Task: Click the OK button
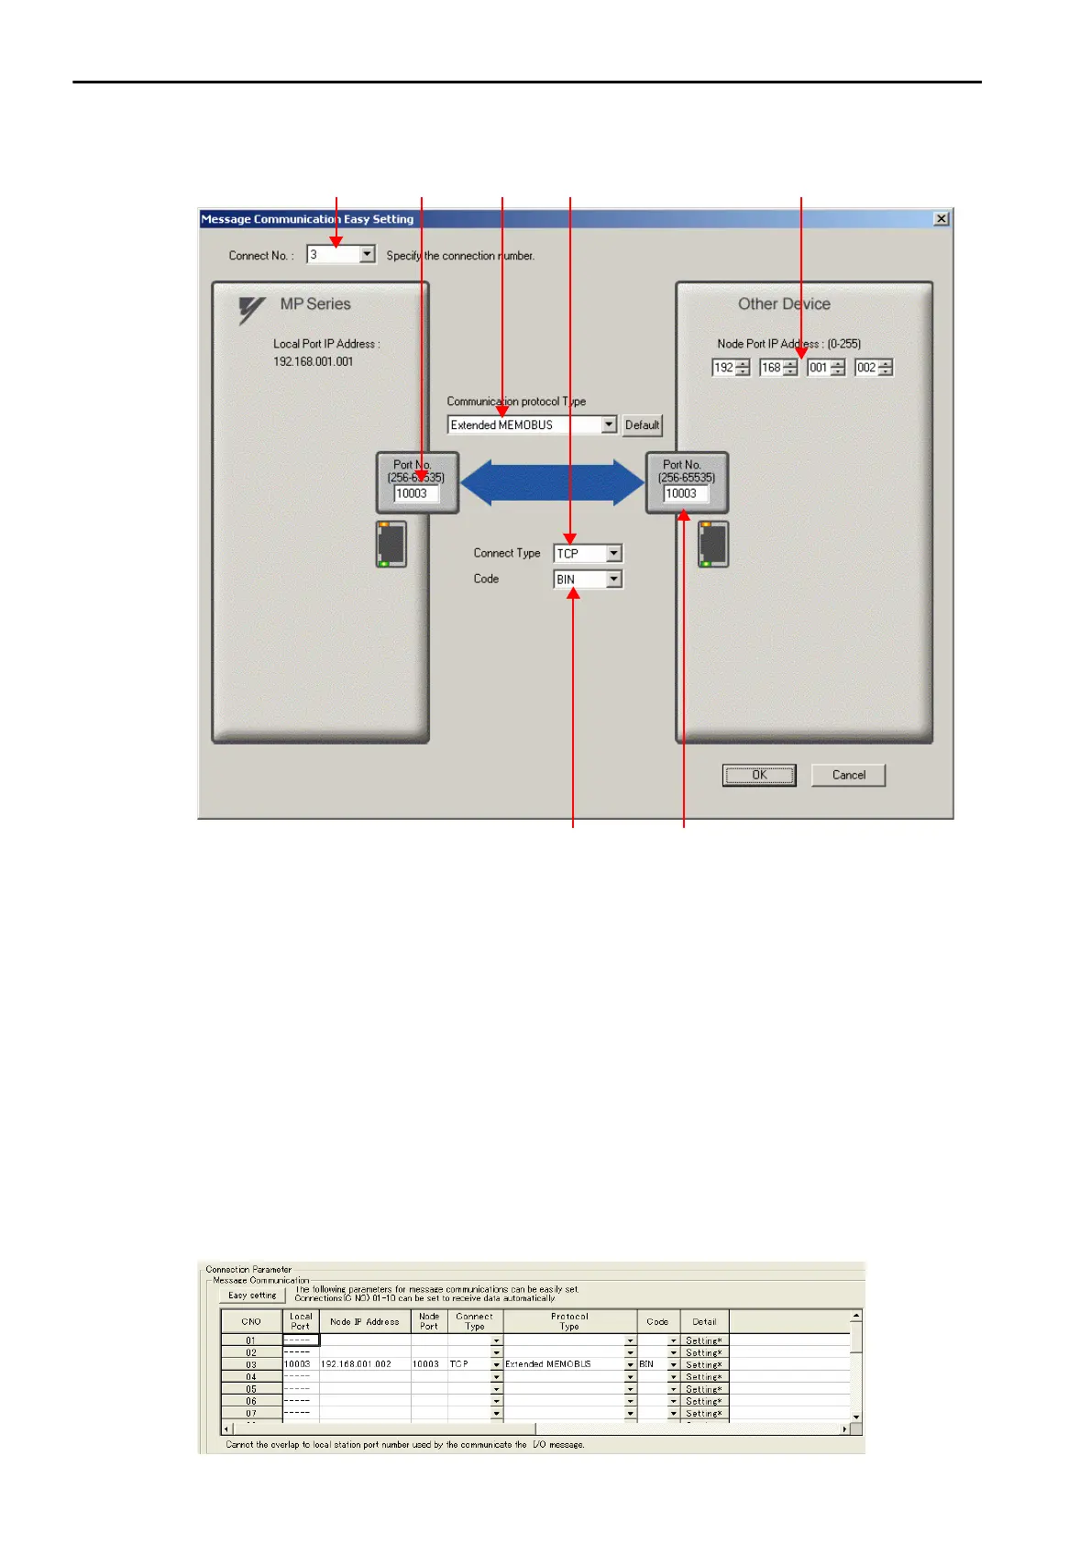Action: pos(759,776)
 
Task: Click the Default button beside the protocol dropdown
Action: pos(642,425)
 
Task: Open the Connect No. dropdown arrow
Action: pos(368,255)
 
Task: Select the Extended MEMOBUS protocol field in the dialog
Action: pos(523,425)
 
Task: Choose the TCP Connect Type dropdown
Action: pos(588,554)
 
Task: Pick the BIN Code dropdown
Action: pos(588,579)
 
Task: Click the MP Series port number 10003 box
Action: pos(415,493)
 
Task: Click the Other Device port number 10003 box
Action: pos(685,493)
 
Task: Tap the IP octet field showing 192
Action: pos(724,368)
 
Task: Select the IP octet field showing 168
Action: pos(772,368)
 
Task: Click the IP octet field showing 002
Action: pos(867,368)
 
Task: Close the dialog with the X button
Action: pos(941,219)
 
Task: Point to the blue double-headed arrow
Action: pos(552,483)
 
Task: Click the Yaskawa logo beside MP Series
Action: pos(251,310)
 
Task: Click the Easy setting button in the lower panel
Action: pos(252,1296)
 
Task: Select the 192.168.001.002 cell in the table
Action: pos(357,1364)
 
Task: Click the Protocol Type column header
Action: pos(569,1321)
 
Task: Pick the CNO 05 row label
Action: pos(251,1389)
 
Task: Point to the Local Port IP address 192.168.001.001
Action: pos(313,361)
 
